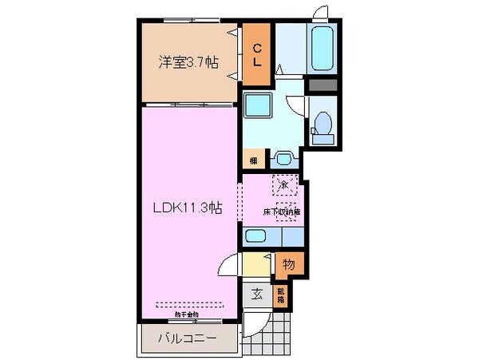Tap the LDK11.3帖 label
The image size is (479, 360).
pos(188,208)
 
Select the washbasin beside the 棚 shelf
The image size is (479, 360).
pos(282,157)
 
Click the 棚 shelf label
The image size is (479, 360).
pos(252,160)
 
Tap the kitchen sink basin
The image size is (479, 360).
pos(256,236)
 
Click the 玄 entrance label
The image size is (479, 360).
pos(258,294)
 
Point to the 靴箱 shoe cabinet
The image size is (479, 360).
pos(280,296)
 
